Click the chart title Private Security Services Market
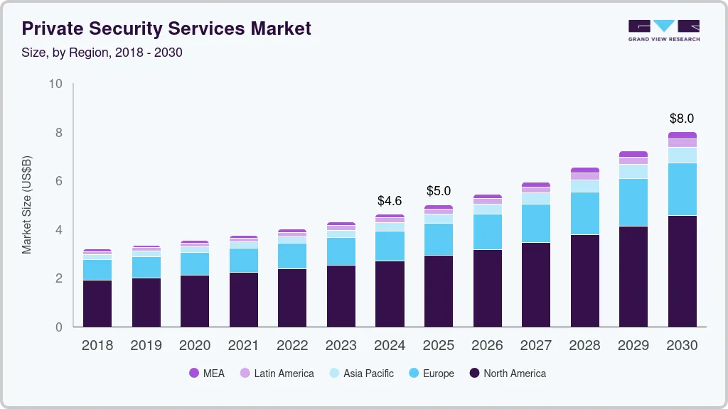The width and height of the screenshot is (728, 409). pos(166,28)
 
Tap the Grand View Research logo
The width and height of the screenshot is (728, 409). pos(663,31)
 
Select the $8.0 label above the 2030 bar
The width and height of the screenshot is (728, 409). pos(682,119)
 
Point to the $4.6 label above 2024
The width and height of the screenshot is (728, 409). pos(390,201)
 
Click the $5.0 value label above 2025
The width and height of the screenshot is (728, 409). pos(439,191)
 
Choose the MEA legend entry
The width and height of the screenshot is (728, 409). pos(207,373)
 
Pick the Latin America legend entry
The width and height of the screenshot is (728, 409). pos(277,373)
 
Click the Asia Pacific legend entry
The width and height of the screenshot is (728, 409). pos(361,373)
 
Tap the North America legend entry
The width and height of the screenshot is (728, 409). pos(508,373)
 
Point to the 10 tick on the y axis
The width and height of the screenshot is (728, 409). pos(55,84)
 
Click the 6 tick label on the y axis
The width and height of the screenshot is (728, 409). pos(59,181)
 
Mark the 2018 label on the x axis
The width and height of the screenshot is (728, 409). pos(97,345)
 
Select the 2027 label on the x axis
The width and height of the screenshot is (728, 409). pos(536,345)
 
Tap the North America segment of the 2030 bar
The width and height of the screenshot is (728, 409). pos(682,271)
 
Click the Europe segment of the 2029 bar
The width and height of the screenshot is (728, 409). pos(633,202)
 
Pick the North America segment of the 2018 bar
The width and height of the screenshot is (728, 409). pos(97,304)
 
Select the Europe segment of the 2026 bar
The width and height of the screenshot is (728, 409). pos(487,232)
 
